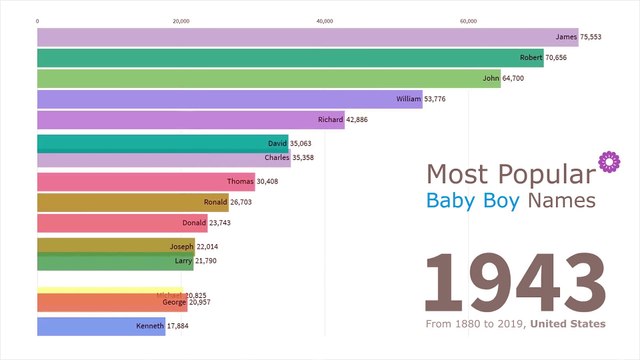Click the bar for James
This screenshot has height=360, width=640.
point(300,37)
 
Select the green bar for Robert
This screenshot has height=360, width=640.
point(290,58)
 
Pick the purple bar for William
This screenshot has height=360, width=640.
point(229,100)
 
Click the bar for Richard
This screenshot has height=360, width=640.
point(190,120)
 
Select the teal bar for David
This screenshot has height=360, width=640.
point(160,143)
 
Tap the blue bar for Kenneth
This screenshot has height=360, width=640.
point(100,326)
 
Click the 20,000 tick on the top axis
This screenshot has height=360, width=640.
point(181,21)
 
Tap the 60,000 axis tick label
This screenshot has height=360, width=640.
point(468,21)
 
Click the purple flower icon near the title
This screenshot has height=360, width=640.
point(605,161)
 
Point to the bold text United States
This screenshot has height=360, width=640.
point(567,324)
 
